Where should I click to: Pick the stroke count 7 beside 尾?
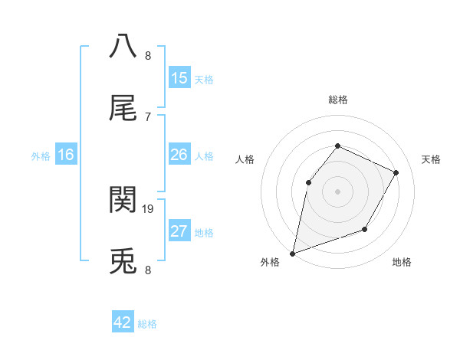[148, 116]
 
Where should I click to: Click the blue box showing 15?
[179, 78]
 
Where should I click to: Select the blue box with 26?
[179, 155]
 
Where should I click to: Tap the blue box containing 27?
[179, 231]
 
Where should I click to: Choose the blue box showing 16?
[66, 155]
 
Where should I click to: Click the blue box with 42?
[123, 322]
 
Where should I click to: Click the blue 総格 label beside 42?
[147, 324]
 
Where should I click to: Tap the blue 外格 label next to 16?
[41, 156]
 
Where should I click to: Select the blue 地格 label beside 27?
[204, 233]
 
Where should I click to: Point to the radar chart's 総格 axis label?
[337, 100]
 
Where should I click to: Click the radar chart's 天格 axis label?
[432, 159]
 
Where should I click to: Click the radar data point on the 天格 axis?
[396, 172]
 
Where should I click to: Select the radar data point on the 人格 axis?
[308, 182]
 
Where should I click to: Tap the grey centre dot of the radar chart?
[337, 191]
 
